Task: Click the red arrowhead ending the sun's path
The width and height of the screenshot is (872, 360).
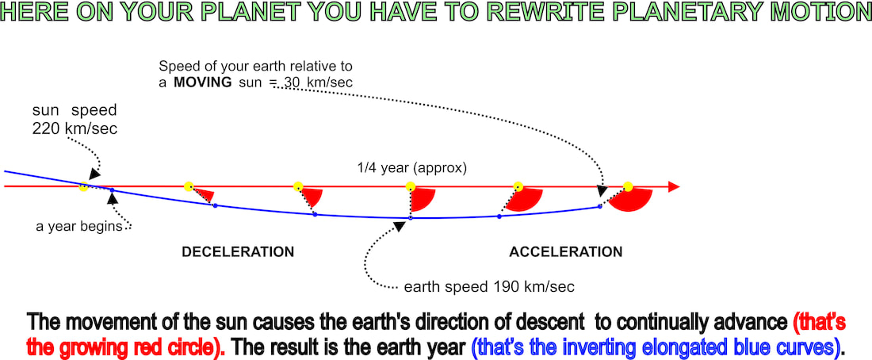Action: (674, 187)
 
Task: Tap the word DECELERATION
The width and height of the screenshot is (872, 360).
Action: (238, 252)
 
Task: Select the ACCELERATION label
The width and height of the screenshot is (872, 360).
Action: (566, 252)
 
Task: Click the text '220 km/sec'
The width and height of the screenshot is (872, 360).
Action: (75, 129)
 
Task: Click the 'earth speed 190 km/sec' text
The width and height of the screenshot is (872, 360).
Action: (489, 287)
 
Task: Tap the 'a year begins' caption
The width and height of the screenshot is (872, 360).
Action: (79, 227)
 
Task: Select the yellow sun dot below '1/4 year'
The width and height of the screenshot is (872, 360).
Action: (411, 186)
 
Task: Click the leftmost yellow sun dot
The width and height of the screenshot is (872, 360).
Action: (83, 187)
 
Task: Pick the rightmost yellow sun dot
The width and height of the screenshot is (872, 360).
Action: (628, 186)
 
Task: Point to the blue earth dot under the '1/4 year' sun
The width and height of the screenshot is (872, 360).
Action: (411, 218)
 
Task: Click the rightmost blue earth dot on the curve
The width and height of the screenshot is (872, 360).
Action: (599, 206)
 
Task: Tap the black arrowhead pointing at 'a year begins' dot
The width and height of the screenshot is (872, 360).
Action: (113, 198)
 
